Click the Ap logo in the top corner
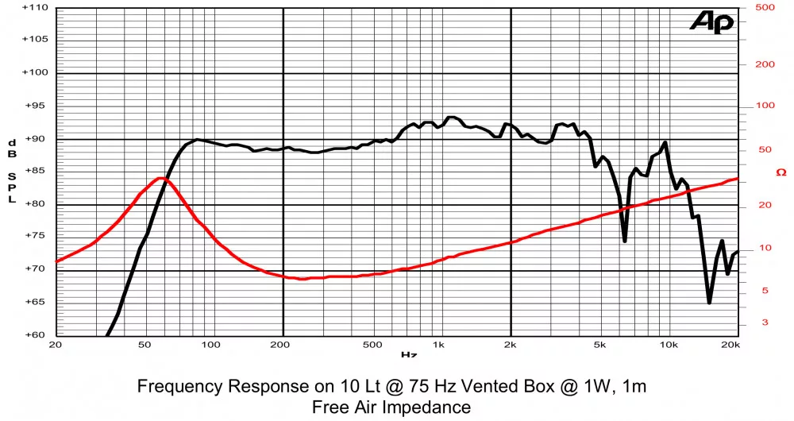(711, 22)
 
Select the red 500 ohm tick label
(765, 7)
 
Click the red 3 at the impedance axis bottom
(765, 322)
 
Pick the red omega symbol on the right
(781, 172)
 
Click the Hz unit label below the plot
(409, 355)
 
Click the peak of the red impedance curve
(161, 178)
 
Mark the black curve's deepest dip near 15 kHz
(709, 302)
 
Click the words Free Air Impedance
(391, 407)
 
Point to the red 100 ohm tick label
(765, 106)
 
